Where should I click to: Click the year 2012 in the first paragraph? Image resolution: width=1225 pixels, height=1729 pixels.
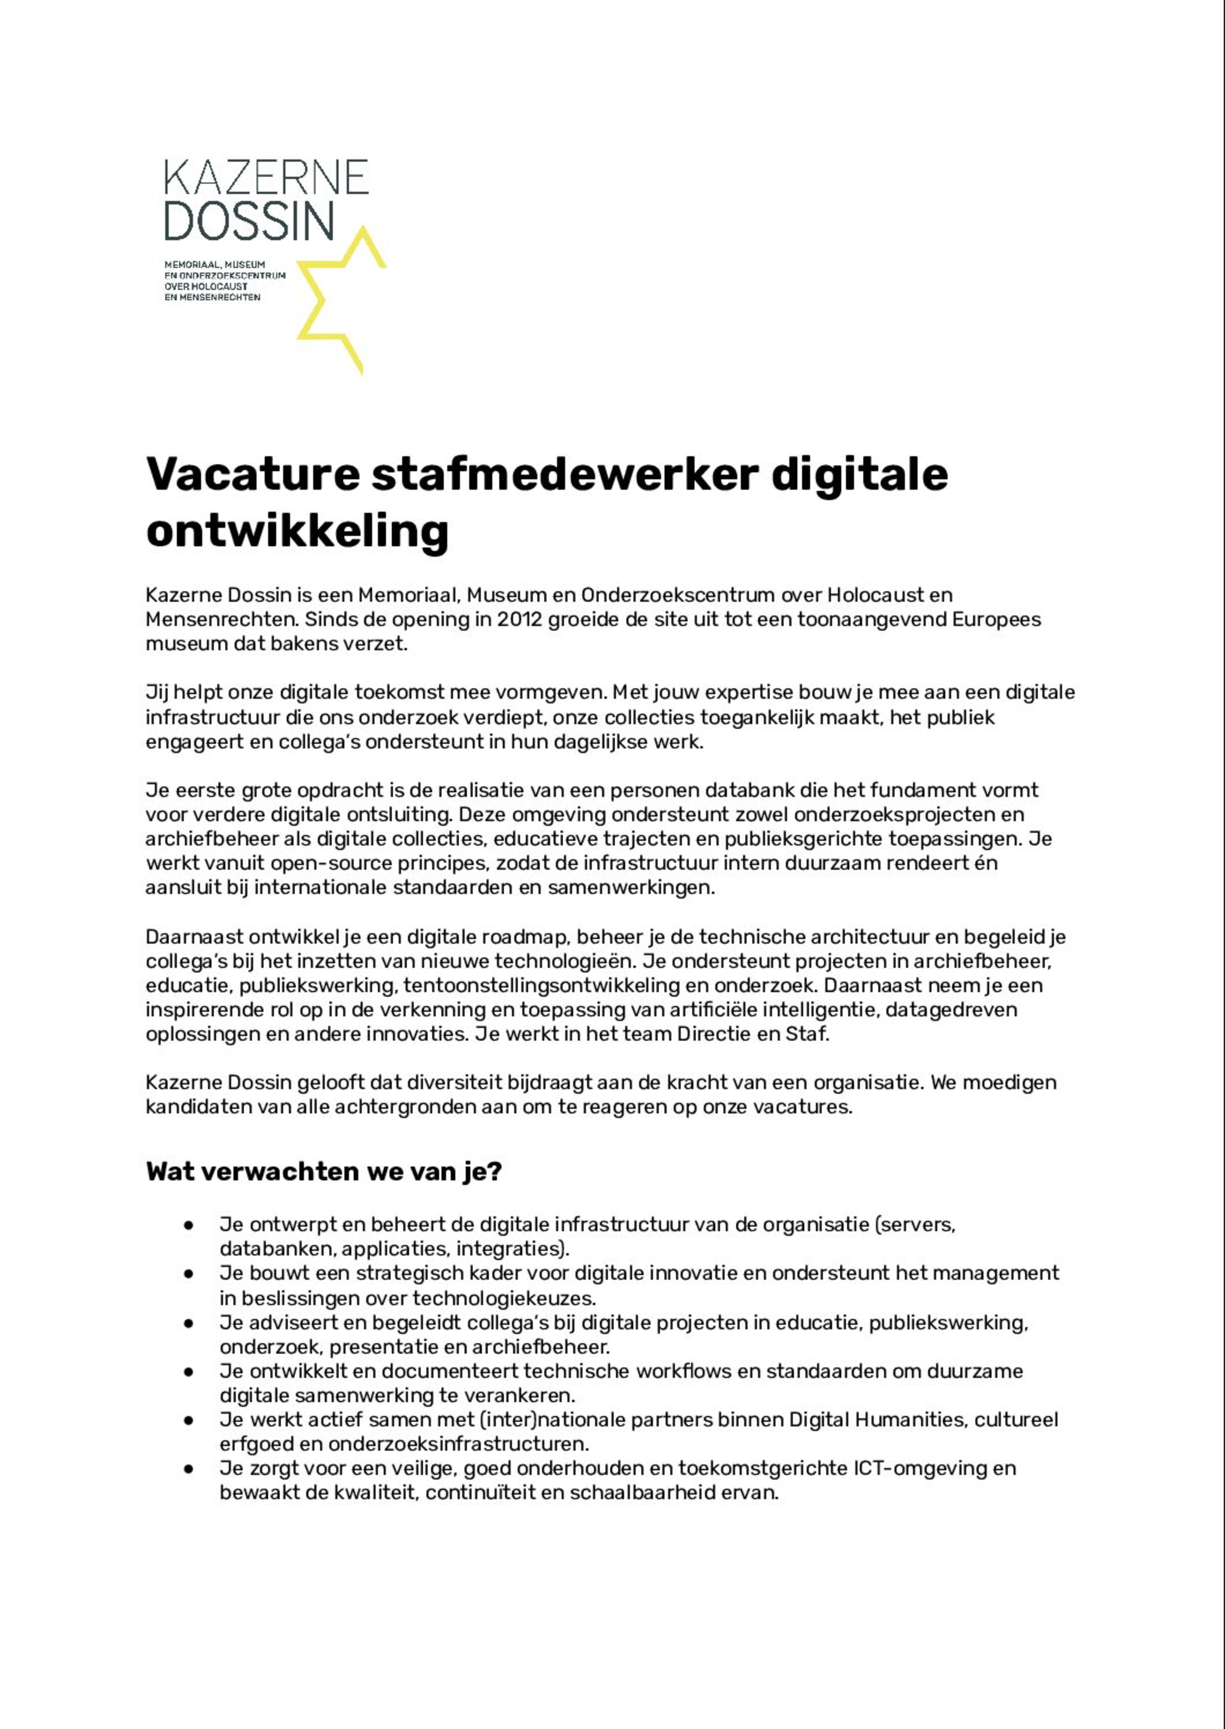[519, 619]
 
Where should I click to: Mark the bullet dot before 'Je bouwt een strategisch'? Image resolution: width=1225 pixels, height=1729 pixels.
[189, 1274]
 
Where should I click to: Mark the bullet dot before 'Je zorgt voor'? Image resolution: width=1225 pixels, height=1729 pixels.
[189, 1469]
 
